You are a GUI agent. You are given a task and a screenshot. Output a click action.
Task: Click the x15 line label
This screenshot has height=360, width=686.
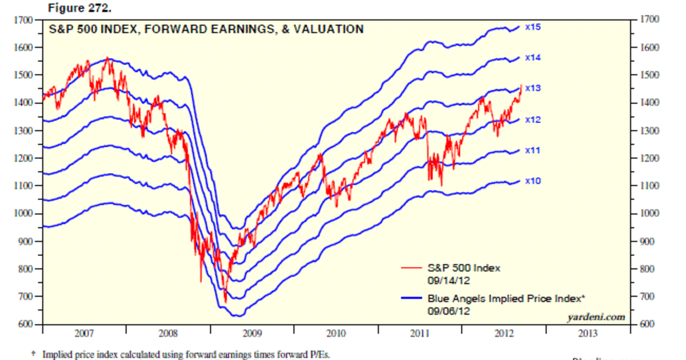tap(533, 27)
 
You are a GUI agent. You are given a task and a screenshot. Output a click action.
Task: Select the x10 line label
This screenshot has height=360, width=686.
tap(533, 181)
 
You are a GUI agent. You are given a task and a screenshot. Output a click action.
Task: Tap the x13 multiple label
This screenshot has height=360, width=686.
tap(533, 89)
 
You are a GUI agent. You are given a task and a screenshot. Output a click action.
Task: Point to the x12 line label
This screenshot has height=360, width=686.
tap(533, 120)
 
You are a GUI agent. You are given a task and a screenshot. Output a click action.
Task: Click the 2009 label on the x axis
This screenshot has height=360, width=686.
tap(252, 333)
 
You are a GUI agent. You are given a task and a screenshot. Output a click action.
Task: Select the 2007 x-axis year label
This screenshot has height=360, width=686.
tap(83, 333)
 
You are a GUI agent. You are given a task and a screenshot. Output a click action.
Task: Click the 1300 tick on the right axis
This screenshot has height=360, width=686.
tap(643, 131)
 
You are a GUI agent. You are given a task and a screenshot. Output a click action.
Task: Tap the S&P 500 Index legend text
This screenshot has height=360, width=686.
tap(464, 267)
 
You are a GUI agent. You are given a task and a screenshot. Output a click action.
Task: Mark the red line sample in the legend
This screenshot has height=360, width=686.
tap(412, 267)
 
